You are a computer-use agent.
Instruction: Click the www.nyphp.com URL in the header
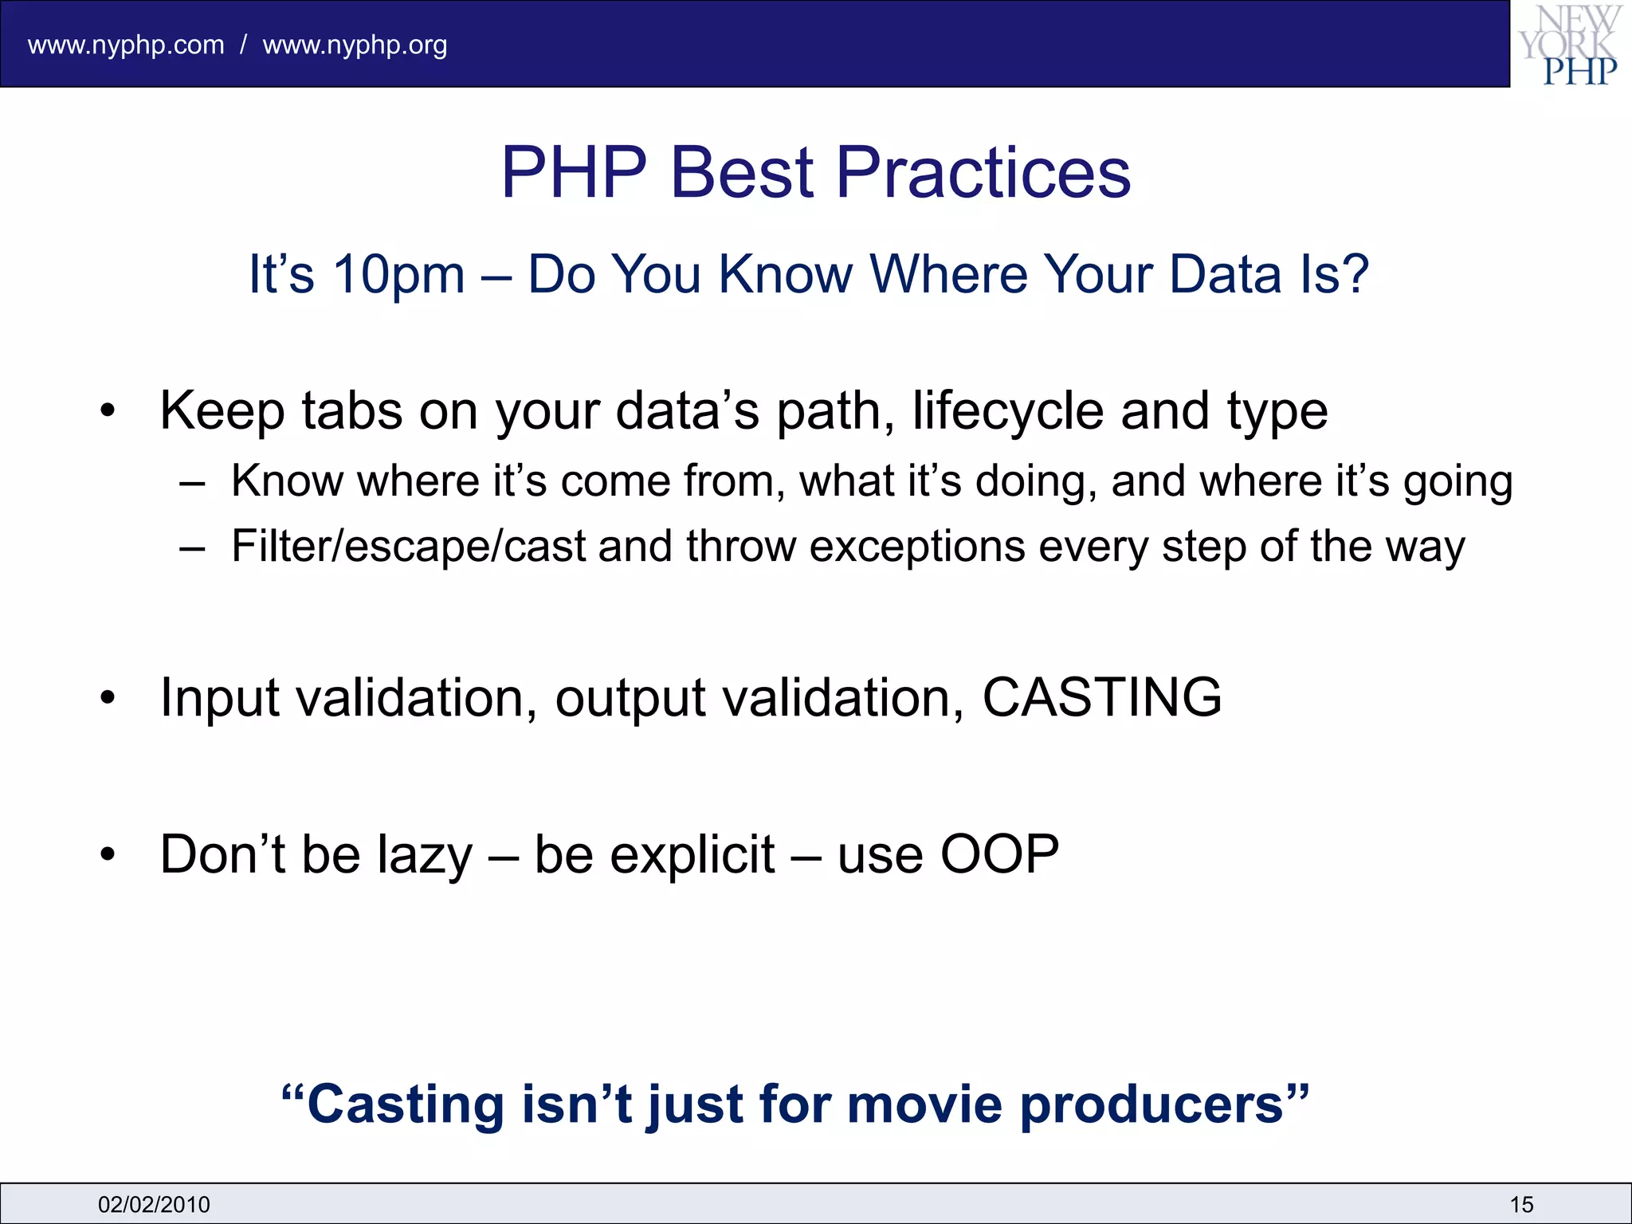126,45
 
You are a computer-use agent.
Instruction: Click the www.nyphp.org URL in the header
355,45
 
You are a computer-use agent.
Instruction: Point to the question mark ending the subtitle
1353,273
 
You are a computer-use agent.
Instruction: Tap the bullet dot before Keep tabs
108,412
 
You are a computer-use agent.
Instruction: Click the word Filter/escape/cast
408,547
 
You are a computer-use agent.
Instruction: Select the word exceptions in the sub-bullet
916,547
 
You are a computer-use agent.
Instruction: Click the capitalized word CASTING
1101,697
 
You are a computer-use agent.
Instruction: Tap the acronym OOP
999,854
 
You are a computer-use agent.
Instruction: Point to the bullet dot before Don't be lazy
108,855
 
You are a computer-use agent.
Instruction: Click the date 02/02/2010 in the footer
154,1204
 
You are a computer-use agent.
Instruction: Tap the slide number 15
1520,1204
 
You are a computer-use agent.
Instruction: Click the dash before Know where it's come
192,483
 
